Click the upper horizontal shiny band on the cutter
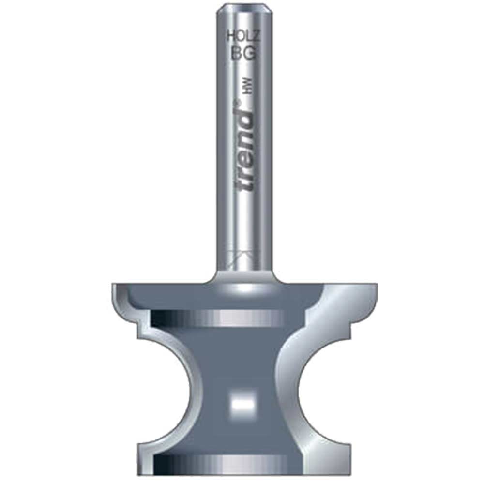(x=218, y=319)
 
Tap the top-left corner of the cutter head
(x=115, y=287)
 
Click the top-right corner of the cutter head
(x=373, y=287)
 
